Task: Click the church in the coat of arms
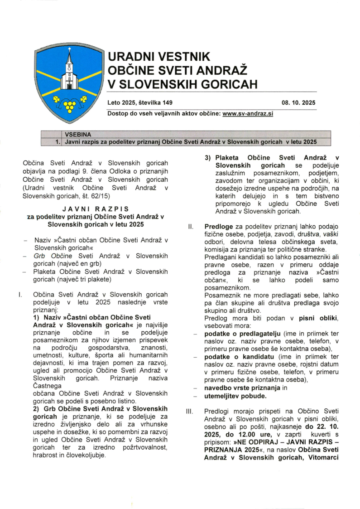[x=69, y=73]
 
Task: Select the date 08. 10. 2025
[x=299, y=103]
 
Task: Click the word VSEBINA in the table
[x=78, y=135]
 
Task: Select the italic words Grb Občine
[x=50, y=256]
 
